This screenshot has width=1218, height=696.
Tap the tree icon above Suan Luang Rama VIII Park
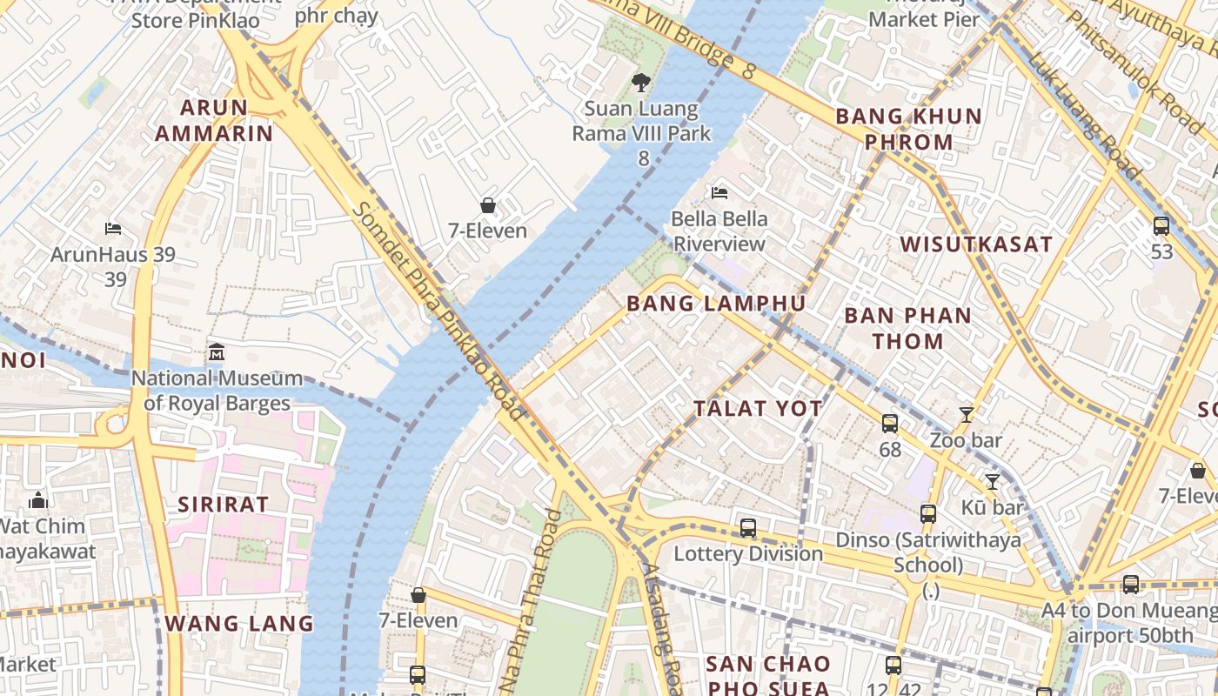pos(641,83)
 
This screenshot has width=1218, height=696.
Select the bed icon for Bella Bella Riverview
pos(719,192)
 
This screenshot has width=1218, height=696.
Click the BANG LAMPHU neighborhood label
pos(716,304)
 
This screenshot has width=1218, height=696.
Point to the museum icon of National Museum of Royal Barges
pos(217,352)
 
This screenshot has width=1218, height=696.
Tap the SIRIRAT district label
pos(224,505)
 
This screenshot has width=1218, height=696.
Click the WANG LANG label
pos(239,624)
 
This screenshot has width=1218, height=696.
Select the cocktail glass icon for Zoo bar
pos(966,414)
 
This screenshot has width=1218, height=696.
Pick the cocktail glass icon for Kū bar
pos(992,481)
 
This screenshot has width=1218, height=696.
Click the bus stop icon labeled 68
pos(890,424)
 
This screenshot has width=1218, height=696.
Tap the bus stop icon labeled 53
pos(1161,226)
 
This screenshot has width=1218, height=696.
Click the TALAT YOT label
pos(758,409)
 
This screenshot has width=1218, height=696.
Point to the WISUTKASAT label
pos(976,244)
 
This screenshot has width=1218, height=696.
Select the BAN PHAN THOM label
pos(907,328)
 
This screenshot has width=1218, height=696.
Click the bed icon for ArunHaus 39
pos(112,229)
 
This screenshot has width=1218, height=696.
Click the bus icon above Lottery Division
pos(748,528)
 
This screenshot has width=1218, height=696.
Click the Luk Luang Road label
pos(1084,113)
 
